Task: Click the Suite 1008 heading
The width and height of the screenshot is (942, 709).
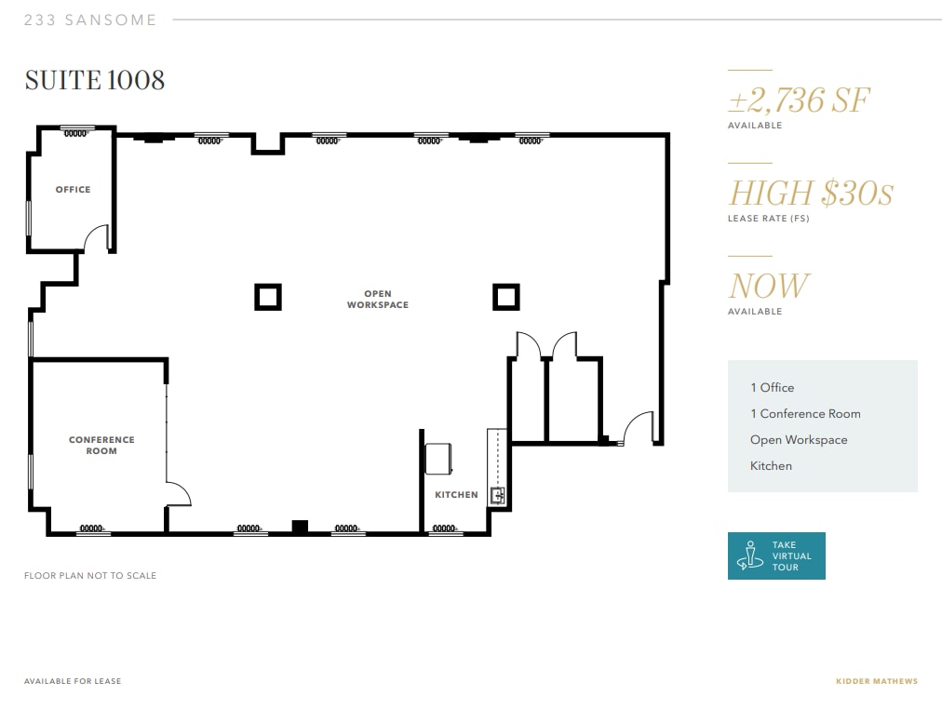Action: (x=95, y=80)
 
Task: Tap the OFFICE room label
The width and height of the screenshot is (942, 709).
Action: (x=73, y=190)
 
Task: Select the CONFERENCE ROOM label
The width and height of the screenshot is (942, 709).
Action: (x=101, y=446)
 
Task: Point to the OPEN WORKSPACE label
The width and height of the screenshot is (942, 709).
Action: (x=378, y=300)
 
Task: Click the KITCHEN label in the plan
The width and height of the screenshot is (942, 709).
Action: (x=456, y=495)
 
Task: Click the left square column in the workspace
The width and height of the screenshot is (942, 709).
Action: (x=268, y=297)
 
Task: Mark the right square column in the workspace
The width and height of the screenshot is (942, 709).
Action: (x=506, y=297)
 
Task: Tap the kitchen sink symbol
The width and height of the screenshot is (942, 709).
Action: (x=497, y=495)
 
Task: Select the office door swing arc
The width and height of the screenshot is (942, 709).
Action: (x=96, y=239)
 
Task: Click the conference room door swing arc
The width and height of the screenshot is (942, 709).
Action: (x=179, y=493)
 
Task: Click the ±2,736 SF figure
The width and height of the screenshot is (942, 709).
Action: (x=799, y=100)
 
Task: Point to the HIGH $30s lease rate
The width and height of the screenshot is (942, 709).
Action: (x=810, y=194)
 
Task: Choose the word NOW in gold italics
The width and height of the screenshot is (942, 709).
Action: (x=769, y=287)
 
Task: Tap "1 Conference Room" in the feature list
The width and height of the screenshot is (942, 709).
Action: (x=805, y=414)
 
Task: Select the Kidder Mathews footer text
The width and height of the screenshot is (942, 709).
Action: (x=876, y=681)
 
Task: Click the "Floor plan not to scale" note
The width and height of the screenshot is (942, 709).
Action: (x=90, y=576)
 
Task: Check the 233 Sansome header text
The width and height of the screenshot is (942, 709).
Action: (x=90, y=20)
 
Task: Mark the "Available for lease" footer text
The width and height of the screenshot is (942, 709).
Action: (x=73, y=681)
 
